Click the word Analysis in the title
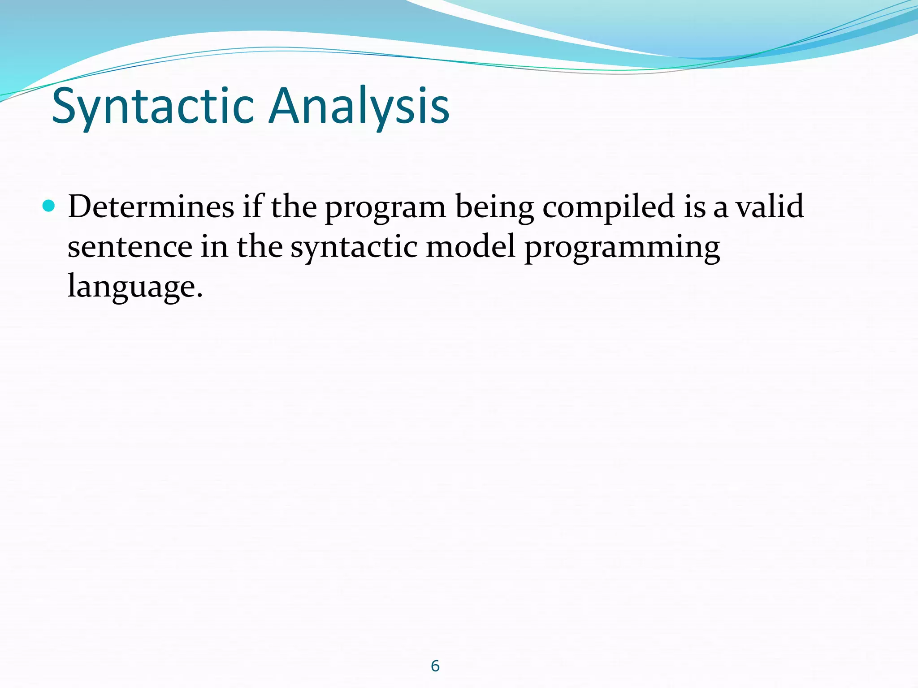click(359, 106)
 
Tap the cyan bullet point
click(48, 206)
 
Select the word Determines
click(151, 207)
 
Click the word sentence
click(130, 248)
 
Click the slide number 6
click(435, 666)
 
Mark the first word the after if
click(294, 207)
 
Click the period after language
click(200, 296)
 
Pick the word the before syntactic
click(260, 247)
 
